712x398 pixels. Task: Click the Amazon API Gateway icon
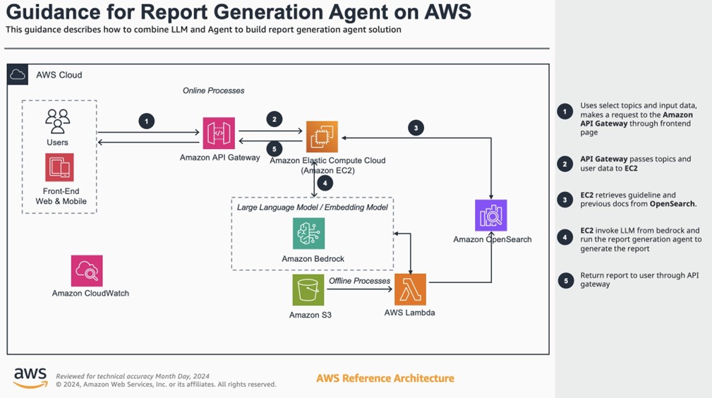(219, 133)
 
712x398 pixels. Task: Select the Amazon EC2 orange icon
(322, 136)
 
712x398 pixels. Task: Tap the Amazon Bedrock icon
(309, 234)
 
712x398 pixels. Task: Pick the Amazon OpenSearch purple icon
(491, 215)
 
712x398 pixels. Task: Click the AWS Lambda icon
(410, 289)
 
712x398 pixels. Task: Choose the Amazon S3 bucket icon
(308, 290)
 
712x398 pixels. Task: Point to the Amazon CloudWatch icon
(87, 270)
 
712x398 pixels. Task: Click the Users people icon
(57, 121)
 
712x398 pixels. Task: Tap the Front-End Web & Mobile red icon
(59, 167)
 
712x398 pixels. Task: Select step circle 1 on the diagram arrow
(146, 121)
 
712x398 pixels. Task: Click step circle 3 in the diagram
(416, 128)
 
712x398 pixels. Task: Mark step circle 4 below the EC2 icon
(325, 182)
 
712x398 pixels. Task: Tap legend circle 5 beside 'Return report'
(565, 280)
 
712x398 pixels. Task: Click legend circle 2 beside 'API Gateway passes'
(565, 164)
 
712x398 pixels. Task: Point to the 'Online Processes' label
(213, 90)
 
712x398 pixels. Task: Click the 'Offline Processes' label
(359, 281)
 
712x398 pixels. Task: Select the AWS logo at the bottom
(30, 378)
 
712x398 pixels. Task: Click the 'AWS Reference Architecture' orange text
(385, 378)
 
